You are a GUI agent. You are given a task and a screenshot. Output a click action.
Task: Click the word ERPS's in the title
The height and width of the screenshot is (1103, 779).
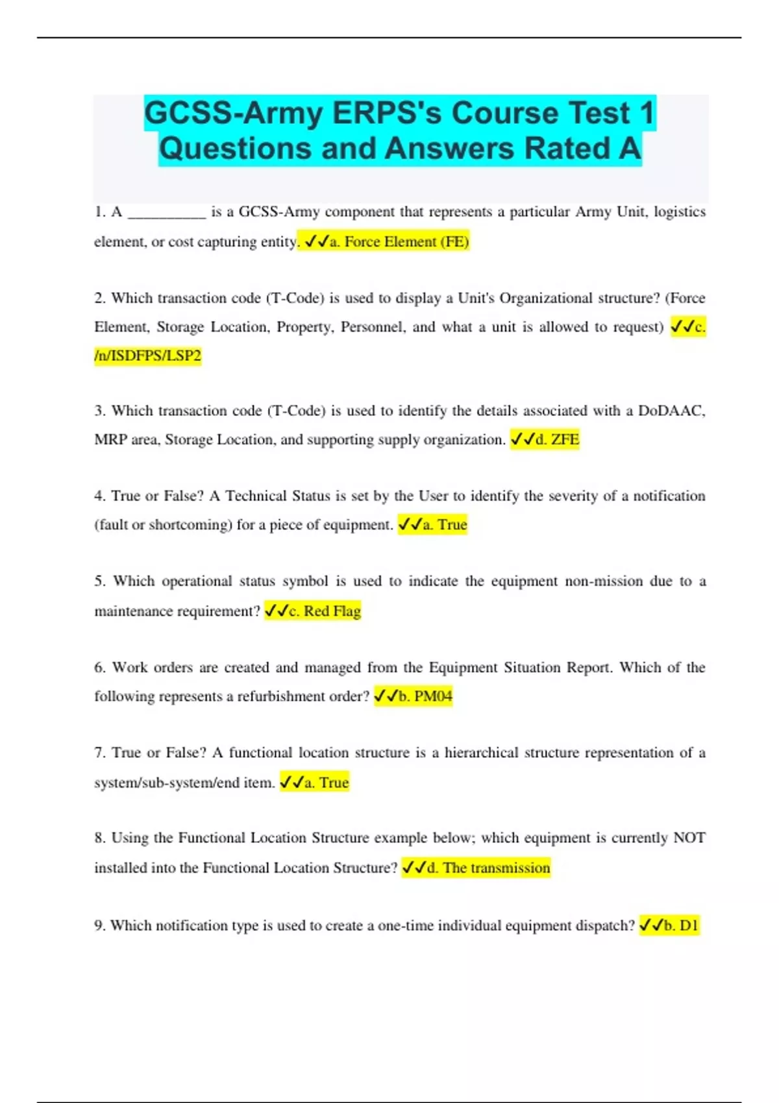point(388,113)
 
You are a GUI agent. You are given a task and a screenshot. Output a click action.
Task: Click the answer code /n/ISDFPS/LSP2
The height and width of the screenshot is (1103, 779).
point(148,356)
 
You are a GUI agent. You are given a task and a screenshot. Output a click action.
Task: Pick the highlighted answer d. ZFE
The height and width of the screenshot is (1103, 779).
point(557,439)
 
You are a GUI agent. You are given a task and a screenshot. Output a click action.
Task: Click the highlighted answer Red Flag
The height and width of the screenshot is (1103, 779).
point(332,611)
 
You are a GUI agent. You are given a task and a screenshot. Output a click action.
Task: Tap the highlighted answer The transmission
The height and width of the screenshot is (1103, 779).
point(496,868)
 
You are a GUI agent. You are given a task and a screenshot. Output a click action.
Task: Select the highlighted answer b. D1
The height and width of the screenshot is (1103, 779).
point(680,925)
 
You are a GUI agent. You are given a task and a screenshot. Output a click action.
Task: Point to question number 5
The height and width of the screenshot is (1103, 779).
point(99,581)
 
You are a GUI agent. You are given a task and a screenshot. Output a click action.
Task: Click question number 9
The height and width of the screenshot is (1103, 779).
point(99,925)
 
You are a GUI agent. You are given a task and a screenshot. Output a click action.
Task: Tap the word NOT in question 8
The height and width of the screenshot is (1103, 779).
point(689,838)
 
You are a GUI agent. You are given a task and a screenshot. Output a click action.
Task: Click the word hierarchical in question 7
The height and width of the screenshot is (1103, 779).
point(481,753)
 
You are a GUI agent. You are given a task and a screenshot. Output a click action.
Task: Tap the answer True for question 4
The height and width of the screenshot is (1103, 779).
point(452,524)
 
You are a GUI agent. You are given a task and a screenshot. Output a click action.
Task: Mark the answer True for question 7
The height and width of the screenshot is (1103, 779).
point(334,782)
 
